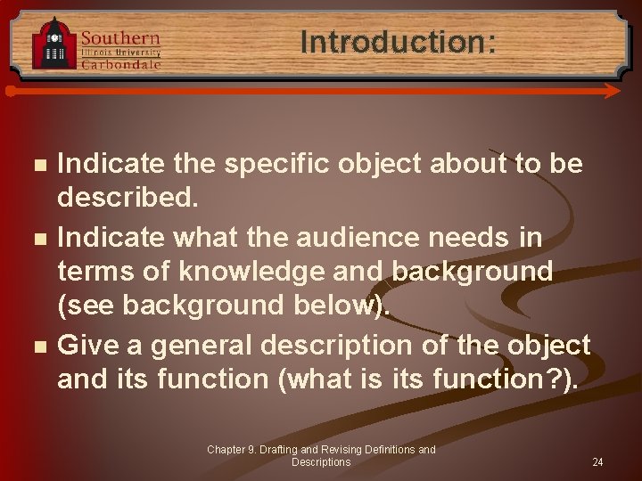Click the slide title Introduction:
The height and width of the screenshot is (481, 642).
[398, 42]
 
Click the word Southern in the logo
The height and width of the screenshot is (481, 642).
[120, 37]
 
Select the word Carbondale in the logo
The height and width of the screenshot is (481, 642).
[121, 64]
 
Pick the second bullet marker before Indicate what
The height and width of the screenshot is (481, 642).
[36, 239]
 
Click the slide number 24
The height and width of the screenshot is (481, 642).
[597, 462]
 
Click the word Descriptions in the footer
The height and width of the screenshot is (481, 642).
[321, 462]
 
